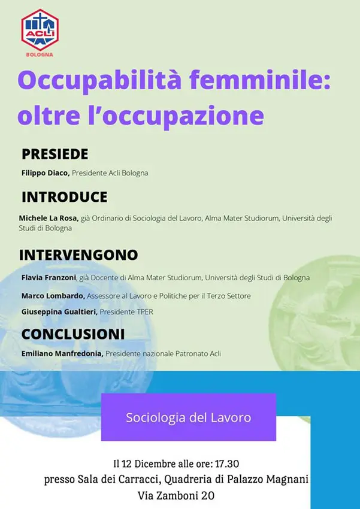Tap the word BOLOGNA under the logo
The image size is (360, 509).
coord(40,54)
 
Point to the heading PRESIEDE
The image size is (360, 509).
coord(55,154)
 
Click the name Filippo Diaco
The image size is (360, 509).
coord(46,173)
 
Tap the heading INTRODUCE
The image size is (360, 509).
coord(65,197)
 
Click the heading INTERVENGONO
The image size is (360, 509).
coord(78,255)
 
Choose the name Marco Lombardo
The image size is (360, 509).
coord(53,296)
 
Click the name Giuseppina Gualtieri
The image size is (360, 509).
coord(59,312)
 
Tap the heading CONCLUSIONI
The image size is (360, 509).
coord(73,334)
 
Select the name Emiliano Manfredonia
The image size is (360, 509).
coord(62,354)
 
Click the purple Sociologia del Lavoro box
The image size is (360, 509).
coord(188,417)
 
